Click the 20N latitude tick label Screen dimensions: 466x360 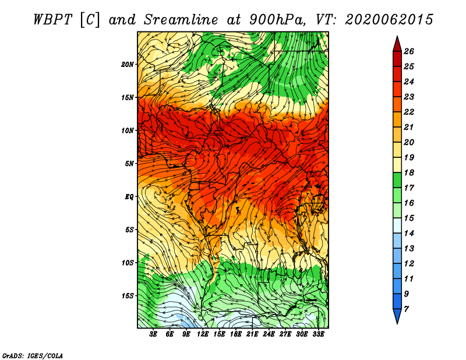click(128, 65)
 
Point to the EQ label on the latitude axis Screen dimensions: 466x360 click(129, 197)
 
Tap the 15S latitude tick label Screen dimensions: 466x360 click(128, 296)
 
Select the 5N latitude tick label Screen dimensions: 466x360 click(129, 164)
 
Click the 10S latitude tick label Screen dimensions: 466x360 click(128, 263)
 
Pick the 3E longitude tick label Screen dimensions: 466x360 click(153, 334)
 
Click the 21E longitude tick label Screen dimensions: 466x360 click(252, 334)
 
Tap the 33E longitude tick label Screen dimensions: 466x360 click(318, 334)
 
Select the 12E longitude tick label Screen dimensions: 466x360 click(203, 334)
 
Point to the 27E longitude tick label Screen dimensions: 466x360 click(285, 334)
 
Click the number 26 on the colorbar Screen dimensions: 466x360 click(409, 51)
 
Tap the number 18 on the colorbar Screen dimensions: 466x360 click(409, 172)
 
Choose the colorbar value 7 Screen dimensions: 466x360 click(406, 309)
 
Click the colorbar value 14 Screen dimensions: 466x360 click(409, 234)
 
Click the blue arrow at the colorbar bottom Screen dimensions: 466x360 click(397, 316)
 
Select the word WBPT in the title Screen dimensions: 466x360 click(52, 20)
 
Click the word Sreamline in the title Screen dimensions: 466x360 click(181, 20)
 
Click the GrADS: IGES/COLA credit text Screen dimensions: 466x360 click(33, 356)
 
